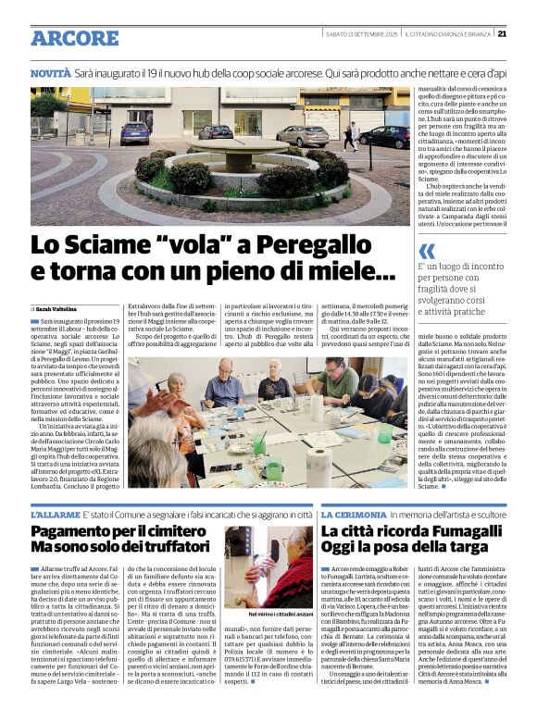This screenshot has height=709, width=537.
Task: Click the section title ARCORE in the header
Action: [x=74, y=38]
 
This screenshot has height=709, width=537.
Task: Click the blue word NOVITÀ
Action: [x=50, y=72]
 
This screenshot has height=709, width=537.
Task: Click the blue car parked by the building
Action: [x=135, y=131]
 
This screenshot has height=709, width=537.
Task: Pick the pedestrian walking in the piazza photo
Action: [x=351, y=136]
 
